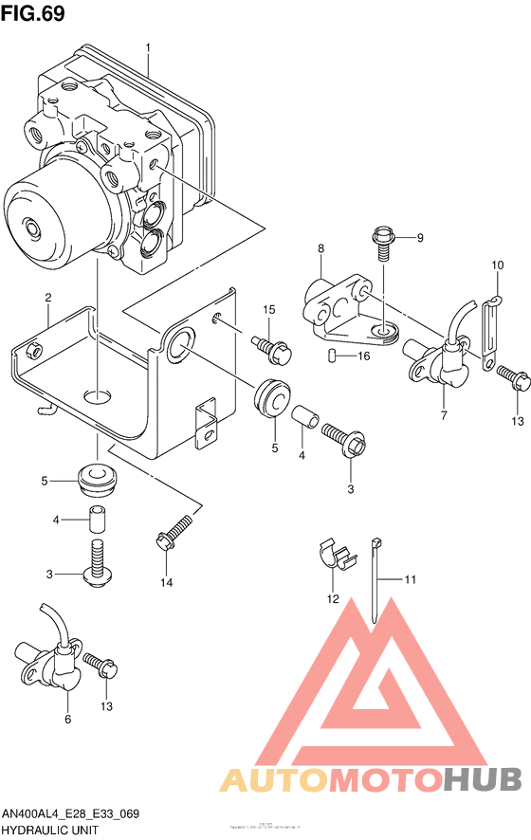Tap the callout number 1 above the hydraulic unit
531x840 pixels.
(x=149, y=46)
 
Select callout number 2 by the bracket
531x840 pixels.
(x=47, y=299)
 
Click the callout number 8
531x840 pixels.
(x=320, y=248)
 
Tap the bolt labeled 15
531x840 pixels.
(x=273, y=345)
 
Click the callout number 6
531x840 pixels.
(x=67, y=720)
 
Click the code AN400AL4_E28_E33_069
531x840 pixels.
(x=71, y=813)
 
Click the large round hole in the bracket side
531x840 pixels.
(x=177, y=346)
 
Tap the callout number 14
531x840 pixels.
(x=166, y=582)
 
